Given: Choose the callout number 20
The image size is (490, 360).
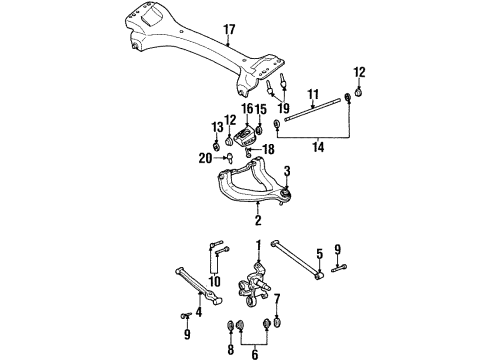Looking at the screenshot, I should tap(204, 157).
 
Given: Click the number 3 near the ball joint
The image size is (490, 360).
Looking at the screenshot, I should tap(286, 170).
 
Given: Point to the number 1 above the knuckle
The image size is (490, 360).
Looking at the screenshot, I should tap(257, 246).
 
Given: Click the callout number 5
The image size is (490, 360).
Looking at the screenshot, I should tap(319, 253).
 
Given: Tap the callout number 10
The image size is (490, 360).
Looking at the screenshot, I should tap(213, 281).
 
